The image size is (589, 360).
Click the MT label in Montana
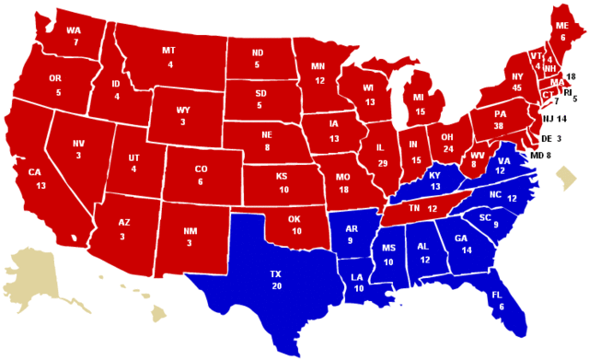point(168,51)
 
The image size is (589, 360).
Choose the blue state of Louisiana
point(358,281)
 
